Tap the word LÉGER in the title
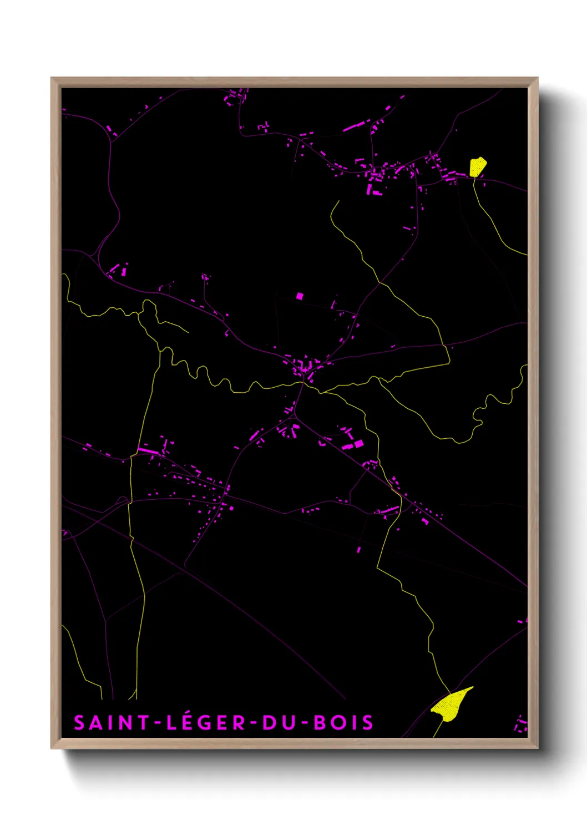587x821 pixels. pos(206,723)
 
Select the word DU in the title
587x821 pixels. pos(280,723)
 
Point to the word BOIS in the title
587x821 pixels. pos(344,723)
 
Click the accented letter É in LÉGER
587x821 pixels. pos(188,722)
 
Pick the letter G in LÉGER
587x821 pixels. pos(206,723)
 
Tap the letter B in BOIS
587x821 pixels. pos(320,723)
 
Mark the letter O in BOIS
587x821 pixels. pos(338,723)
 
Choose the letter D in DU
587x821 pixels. pos(270,723)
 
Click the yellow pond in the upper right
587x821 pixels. pos(477,166)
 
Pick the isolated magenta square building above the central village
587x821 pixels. pos(300,296)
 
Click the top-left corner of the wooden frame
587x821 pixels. pos(52,78)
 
